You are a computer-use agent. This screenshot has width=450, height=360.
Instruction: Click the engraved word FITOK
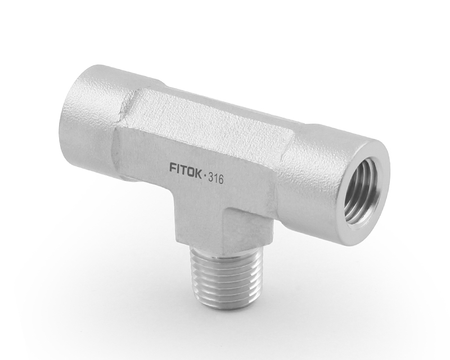pos(186,168)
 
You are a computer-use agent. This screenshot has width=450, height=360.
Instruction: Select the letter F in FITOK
pos(173,166)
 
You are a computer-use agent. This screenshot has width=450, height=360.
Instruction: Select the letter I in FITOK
pos(178,168)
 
